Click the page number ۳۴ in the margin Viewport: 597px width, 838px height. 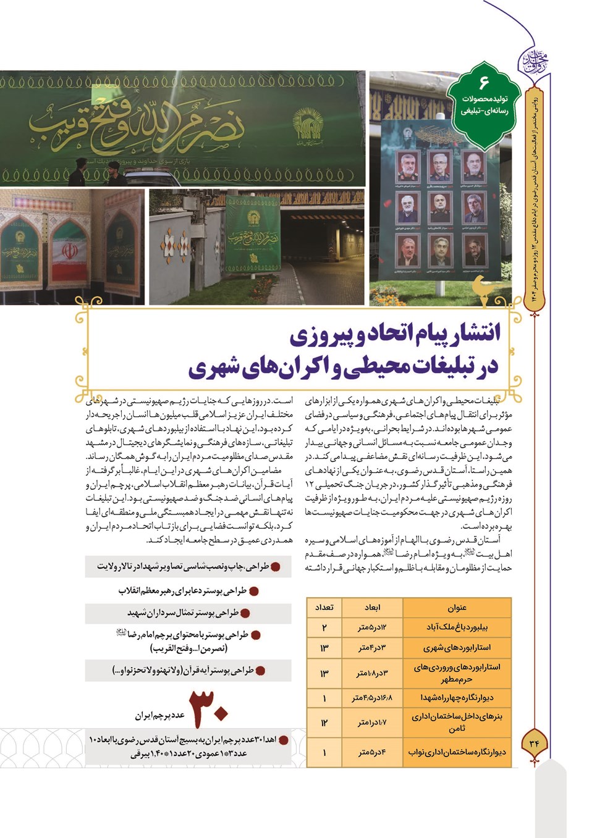coord(534,743)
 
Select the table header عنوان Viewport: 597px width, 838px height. coord(457,607)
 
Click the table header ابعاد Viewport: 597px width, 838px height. coord(372,607)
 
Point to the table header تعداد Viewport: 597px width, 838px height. coord(324,607)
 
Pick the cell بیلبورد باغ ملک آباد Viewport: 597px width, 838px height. coord(457,627)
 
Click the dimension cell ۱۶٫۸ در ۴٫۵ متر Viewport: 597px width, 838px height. coord(372,698)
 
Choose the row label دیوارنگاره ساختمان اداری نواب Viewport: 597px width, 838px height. coord(457,752)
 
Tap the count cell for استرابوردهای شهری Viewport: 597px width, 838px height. coord(324,648)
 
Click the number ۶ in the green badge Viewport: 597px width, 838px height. coord(483,82)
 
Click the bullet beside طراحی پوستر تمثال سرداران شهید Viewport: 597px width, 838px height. coord(245,613)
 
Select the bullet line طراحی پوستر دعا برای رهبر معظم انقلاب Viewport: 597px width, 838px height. coord(183,591)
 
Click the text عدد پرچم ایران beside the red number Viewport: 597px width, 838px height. coord(160,715)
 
